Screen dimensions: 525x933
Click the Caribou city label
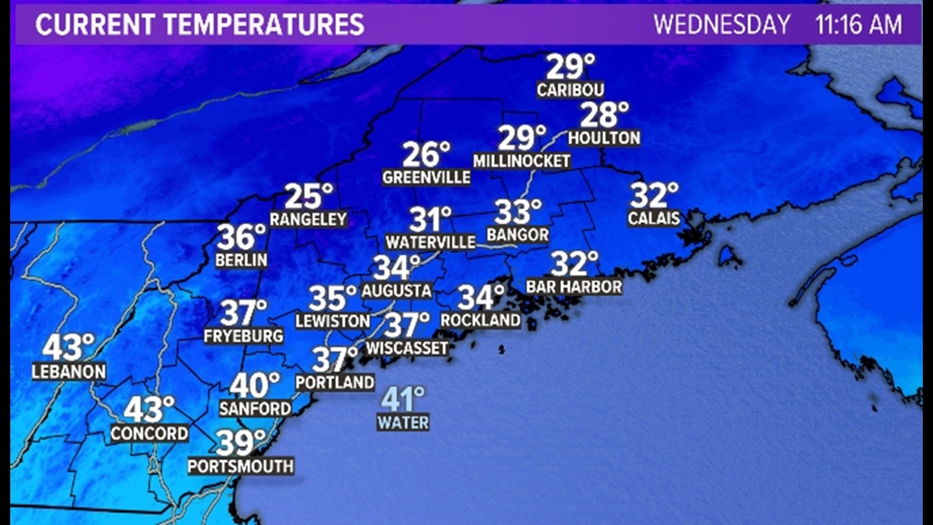click(570, 90)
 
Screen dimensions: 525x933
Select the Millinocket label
click(521, 161)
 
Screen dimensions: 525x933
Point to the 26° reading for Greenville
click(426, 155)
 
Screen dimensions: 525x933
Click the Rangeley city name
click(308, 219)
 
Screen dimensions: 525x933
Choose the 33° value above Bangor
click(518, 212)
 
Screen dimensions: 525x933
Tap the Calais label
click(654, 218)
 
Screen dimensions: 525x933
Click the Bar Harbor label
click(574, 287)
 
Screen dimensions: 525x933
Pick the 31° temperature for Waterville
click(430, 219)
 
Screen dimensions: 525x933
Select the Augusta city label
click(397, 291)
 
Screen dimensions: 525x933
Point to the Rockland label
click(480, 320)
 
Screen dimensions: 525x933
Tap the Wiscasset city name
click(407, 348)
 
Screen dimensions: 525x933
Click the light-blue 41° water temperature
click(403, 399)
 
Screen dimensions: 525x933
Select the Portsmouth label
click(241, 467)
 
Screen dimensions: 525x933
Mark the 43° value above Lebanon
click(68, 347)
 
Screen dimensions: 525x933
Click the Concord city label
click(149, 433)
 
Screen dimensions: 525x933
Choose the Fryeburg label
click(243, 336)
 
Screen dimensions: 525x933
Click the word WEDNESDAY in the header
click(722, 24)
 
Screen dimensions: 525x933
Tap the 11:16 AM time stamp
click(858, 24)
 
